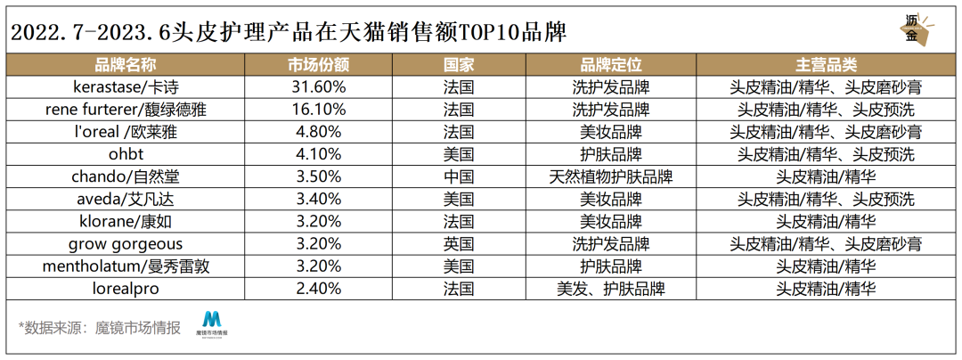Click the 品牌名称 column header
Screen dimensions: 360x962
pyautogui.click(x=126, y=66)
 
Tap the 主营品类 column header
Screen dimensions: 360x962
pyautogui.click(x=826, y=66)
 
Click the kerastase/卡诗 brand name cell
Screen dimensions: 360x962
pyautogui.click(x=126, y=87)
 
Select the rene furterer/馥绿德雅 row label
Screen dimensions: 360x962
pyautogui.click(x=126, y=110)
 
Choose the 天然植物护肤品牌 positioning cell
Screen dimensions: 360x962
pyautogui.click(x=611, y=176)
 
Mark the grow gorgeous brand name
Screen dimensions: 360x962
pyautogui.click(x=126, y=243)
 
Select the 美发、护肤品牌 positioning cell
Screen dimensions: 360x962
pyautogui.click(x=611, y=288)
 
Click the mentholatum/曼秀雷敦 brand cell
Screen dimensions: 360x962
pyautogui.click(x=126, y=266)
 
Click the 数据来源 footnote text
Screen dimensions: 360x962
pyautogui.click(x=99, y=326)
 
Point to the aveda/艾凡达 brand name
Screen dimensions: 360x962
pyautogui.click(x=126, y=199)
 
